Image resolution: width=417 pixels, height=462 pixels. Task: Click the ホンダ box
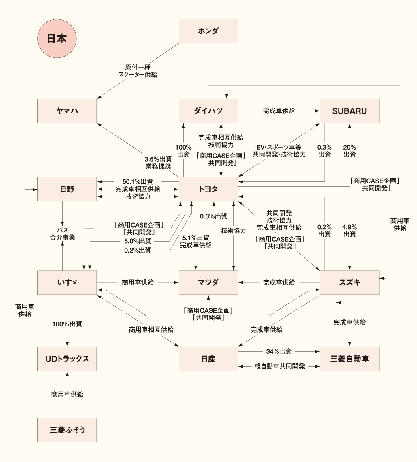pyautogui.click(x=208, y=31)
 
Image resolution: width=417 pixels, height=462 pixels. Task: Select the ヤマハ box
pyautogui.click(x=67, y=111)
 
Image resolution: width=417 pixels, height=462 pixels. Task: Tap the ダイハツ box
pyautogui.click(x=208, y=111)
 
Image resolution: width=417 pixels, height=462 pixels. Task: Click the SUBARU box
pyautogui.click(x=349, y=111)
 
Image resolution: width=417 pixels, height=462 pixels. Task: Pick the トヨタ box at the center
pyautogui.click(x=208, y=189)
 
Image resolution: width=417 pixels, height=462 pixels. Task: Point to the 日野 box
pyautogui.click(x=67, y=189)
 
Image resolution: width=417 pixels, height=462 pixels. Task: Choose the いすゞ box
pyautogui.click(x=67, y=282)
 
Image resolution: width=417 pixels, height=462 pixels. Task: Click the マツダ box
pyautogui.click(x=208, y=282)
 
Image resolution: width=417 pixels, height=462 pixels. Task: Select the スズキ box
pyautogui.click(x=349, y=282)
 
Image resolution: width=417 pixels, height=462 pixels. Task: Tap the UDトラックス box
pyautogui.click(x=67, y=359)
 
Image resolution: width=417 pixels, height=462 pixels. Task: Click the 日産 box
pyautogui.click(x=208, y=359)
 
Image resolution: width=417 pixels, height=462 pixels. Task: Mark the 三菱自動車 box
pyautogui.click(x=349, y=359)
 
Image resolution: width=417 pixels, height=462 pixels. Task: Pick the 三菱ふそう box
pyautogui.click(x=67, y=430)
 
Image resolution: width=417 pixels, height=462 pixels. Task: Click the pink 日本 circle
pyautogui.click(x=57, y=39)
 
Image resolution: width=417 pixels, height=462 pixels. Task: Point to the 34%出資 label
pyautogui.click(x=279, y=351)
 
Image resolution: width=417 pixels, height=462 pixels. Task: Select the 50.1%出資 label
pyautogui.click(x=137, y=181)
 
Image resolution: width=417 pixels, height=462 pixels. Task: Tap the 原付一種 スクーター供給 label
pyautogui.click(x=138, y=71)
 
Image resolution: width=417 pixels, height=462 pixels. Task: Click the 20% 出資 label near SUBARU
pyautogui.click(x=349, y=150)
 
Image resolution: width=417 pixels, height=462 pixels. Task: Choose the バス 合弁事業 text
pyautogui.click(x=62, y=234)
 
